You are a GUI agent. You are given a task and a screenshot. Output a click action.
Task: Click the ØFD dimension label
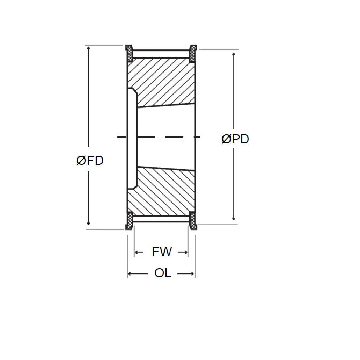click(90, 161)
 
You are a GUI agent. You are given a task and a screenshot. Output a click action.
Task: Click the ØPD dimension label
click(235, 139)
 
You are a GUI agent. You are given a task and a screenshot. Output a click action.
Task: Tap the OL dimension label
click(162, 273)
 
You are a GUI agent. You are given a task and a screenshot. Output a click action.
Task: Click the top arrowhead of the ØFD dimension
click(89, 49)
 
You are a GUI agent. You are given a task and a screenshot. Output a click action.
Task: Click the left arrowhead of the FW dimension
click(137, 252)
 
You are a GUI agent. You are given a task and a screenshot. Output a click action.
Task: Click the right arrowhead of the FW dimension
click(185, 252)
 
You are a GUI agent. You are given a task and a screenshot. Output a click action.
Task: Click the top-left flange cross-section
click(129, 53)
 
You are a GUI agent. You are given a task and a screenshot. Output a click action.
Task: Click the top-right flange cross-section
click(192, 53)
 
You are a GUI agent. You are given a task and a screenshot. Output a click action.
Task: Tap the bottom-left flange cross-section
click(129, 220)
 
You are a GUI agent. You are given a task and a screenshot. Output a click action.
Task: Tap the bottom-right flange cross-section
click(192, 220)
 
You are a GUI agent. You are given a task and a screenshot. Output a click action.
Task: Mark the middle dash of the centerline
click(161, 138)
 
